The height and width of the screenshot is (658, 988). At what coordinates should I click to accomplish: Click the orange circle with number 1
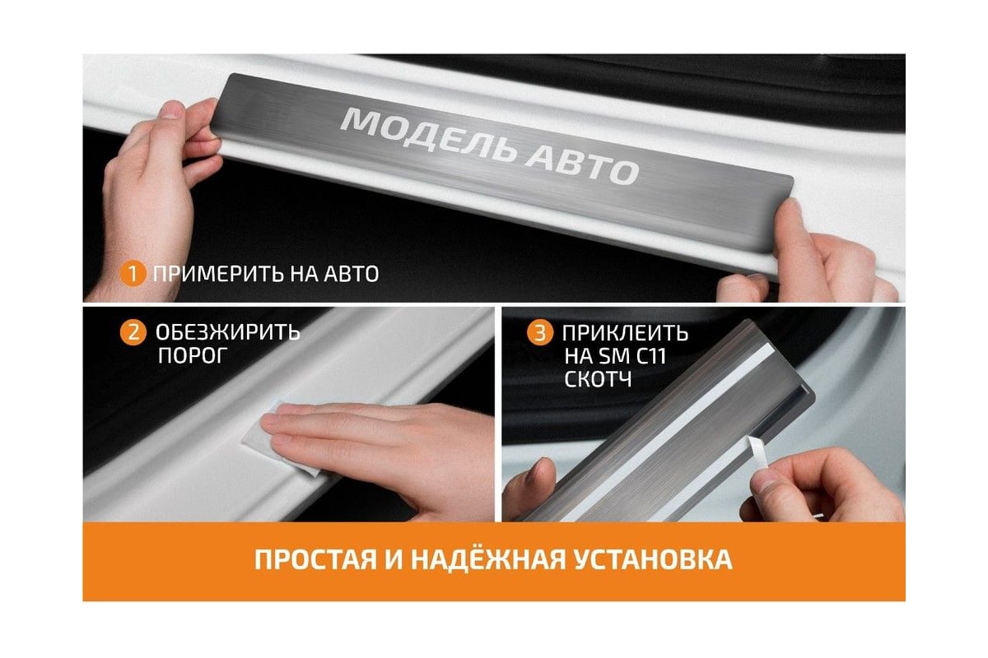coord(133,274)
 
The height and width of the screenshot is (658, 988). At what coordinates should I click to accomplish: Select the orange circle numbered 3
coord(540,333)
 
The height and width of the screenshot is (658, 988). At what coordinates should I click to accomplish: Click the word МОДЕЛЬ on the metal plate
coord(428,135)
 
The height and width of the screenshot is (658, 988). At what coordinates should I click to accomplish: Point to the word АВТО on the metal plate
coord(582,167)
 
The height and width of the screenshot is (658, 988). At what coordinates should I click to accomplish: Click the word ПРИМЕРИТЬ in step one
coord(218,274)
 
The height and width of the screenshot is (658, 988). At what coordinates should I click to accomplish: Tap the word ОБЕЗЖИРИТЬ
coord(227,332)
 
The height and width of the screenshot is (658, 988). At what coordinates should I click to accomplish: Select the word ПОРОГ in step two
coord(193,356)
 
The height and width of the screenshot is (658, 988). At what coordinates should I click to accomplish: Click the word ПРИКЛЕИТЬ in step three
coord(625,333)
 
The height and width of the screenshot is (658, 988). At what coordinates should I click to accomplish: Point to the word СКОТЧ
coord(598,379)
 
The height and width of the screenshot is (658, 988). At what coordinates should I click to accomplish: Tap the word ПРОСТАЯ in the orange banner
coord(316,560)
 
